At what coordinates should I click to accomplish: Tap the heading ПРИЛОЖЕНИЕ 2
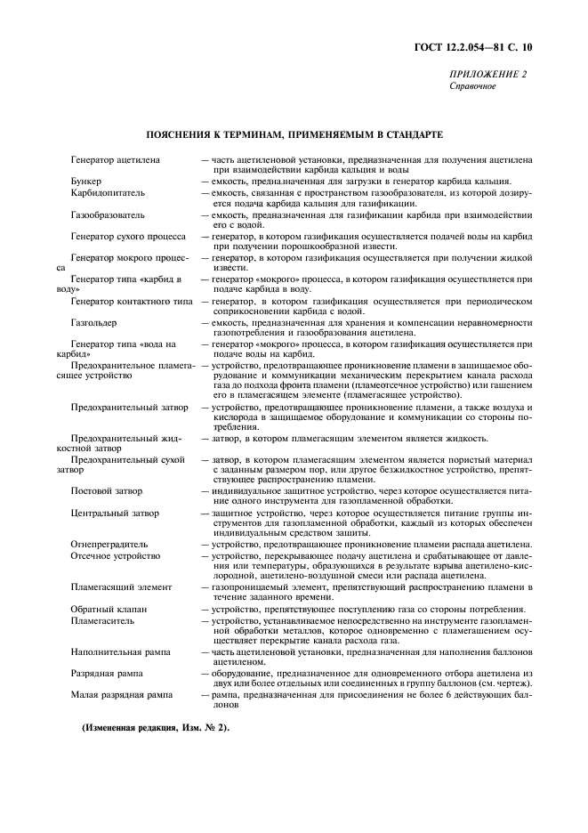[487, 74]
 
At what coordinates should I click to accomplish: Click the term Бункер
[88, 181]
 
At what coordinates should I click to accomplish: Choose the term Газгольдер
[93, 322]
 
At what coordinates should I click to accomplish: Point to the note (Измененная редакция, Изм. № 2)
[156, 727]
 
